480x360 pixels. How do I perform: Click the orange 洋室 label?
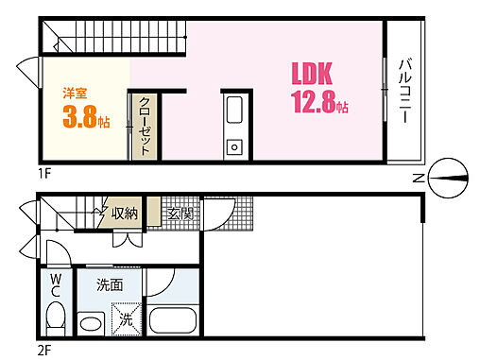tap(76, 94)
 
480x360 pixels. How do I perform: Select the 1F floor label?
tap(44, 173)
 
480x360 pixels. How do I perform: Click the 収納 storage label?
tap(125, 214)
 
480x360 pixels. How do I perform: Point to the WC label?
tap(56, 286)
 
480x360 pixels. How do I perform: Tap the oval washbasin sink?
tap(92, 324)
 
